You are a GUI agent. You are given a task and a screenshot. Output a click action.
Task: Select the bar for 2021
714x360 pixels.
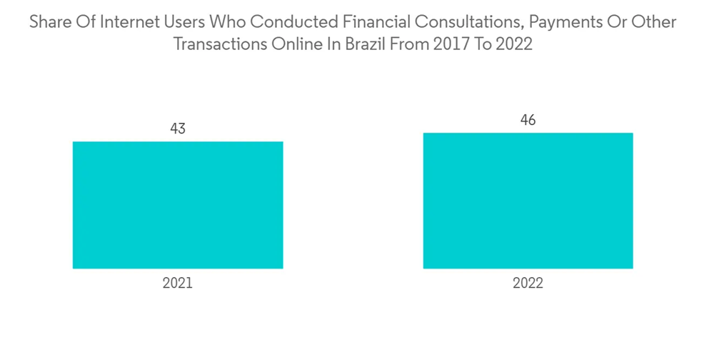[178, 205]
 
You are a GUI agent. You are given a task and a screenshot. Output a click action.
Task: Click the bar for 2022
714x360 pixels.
[528, 201]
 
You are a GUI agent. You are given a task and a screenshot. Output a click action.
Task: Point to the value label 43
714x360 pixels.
[178, 129]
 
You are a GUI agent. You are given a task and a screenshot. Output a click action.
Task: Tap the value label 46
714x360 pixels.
[528, 120]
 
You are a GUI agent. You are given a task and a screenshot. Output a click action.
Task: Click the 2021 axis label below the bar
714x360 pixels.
[178, 283]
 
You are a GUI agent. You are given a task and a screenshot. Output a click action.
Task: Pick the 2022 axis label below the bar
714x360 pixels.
[528, 283]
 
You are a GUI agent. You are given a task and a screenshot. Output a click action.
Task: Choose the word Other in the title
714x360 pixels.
[655, 22]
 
